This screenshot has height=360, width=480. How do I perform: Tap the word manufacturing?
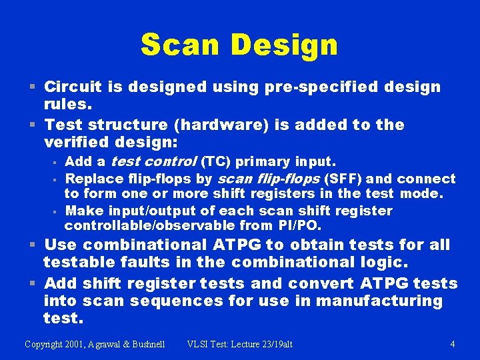click(379, 301)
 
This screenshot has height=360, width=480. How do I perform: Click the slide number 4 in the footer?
click(453, 344)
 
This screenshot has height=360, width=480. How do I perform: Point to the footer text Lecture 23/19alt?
click(259, 344)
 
